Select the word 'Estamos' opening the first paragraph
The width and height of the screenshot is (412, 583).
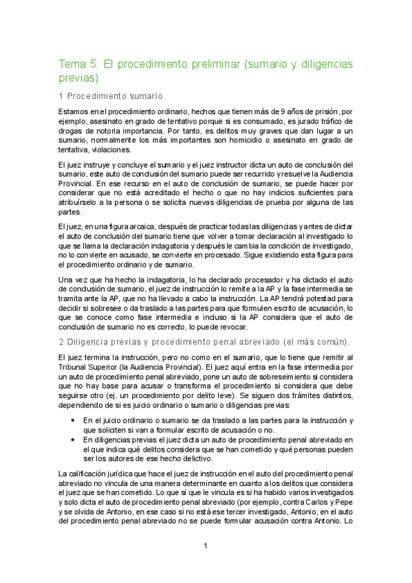point(74,110)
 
